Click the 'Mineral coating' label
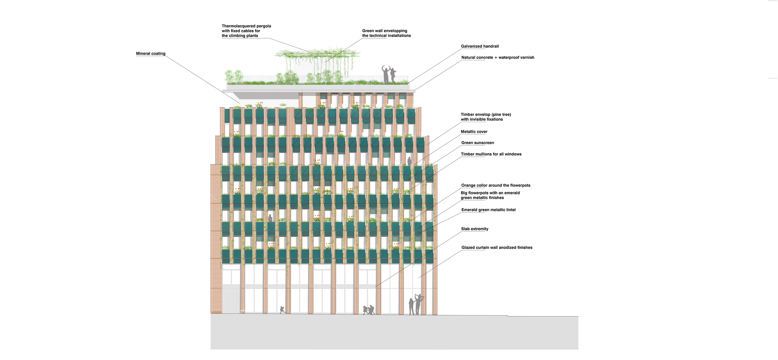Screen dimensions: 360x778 click(x=151, y=54)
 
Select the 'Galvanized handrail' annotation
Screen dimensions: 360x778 click(x=480, y=46)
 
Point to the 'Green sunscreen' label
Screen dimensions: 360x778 click(x=477, y=143)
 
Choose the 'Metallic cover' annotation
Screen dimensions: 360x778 click(x=474, y=132)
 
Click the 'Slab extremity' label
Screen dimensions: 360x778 click(x=475, y=229)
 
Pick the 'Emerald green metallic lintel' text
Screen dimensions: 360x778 click(x=488, y=210)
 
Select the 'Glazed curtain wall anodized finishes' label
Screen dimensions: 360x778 click(x=497, y=248)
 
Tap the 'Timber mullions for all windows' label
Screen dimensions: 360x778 click(x=491, y=154)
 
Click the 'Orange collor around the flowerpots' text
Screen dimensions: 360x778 click(x=496, y=185)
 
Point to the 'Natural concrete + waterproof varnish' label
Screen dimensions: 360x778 click(x=498, y=58)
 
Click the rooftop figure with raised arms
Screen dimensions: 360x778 click(x=385, y=74)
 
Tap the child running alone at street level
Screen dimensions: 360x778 click(x=282, y=310)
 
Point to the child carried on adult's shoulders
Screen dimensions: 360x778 click(x=419, y=298)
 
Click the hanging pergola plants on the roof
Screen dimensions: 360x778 click(x=317, y=60)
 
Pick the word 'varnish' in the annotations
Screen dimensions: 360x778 click(x=526, y=58)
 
